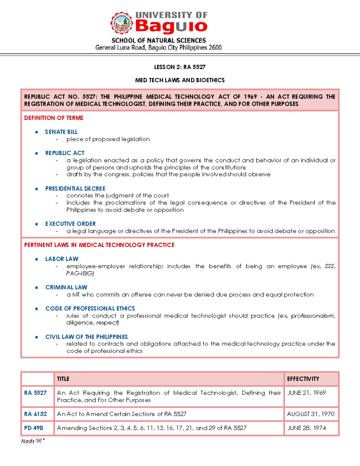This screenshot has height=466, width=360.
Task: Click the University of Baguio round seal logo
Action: [x=121, y=23]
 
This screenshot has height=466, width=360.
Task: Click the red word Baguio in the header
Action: [x=171, y=26]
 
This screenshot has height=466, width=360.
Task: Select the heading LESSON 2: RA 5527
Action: [x=180, y=67]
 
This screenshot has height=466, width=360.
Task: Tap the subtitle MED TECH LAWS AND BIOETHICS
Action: [x=180, y=80]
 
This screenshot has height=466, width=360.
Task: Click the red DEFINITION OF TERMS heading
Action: [x=54, y=118]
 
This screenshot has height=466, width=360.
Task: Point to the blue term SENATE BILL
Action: [x=61, y=132]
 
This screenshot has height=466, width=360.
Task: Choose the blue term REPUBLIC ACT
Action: [x=65, y=153]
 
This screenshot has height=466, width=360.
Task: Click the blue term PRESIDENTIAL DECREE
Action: [x=75, y=188]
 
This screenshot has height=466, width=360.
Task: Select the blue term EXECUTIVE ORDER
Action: [x=70, y=224]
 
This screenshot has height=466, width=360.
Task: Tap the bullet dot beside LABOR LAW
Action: [x=37, y=259]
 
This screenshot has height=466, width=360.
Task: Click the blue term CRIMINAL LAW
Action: [x=66, y=287]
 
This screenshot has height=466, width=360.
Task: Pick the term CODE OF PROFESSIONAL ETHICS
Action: [x=90, y=308]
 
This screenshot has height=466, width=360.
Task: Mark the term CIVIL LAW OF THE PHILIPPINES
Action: [x=86, y=337]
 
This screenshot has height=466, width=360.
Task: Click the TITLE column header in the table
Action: [x=63, y=379]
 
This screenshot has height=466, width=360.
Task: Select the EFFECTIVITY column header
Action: [x=303, y=379]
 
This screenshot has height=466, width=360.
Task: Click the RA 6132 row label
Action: [x=35, y=414]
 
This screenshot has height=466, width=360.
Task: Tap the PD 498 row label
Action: [x=34, y=428]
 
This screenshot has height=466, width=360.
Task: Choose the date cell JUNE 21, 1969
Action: [x=306, y=393]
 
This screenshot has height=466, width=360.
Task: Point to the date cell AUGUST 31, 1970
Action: [x=310, y=414]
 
